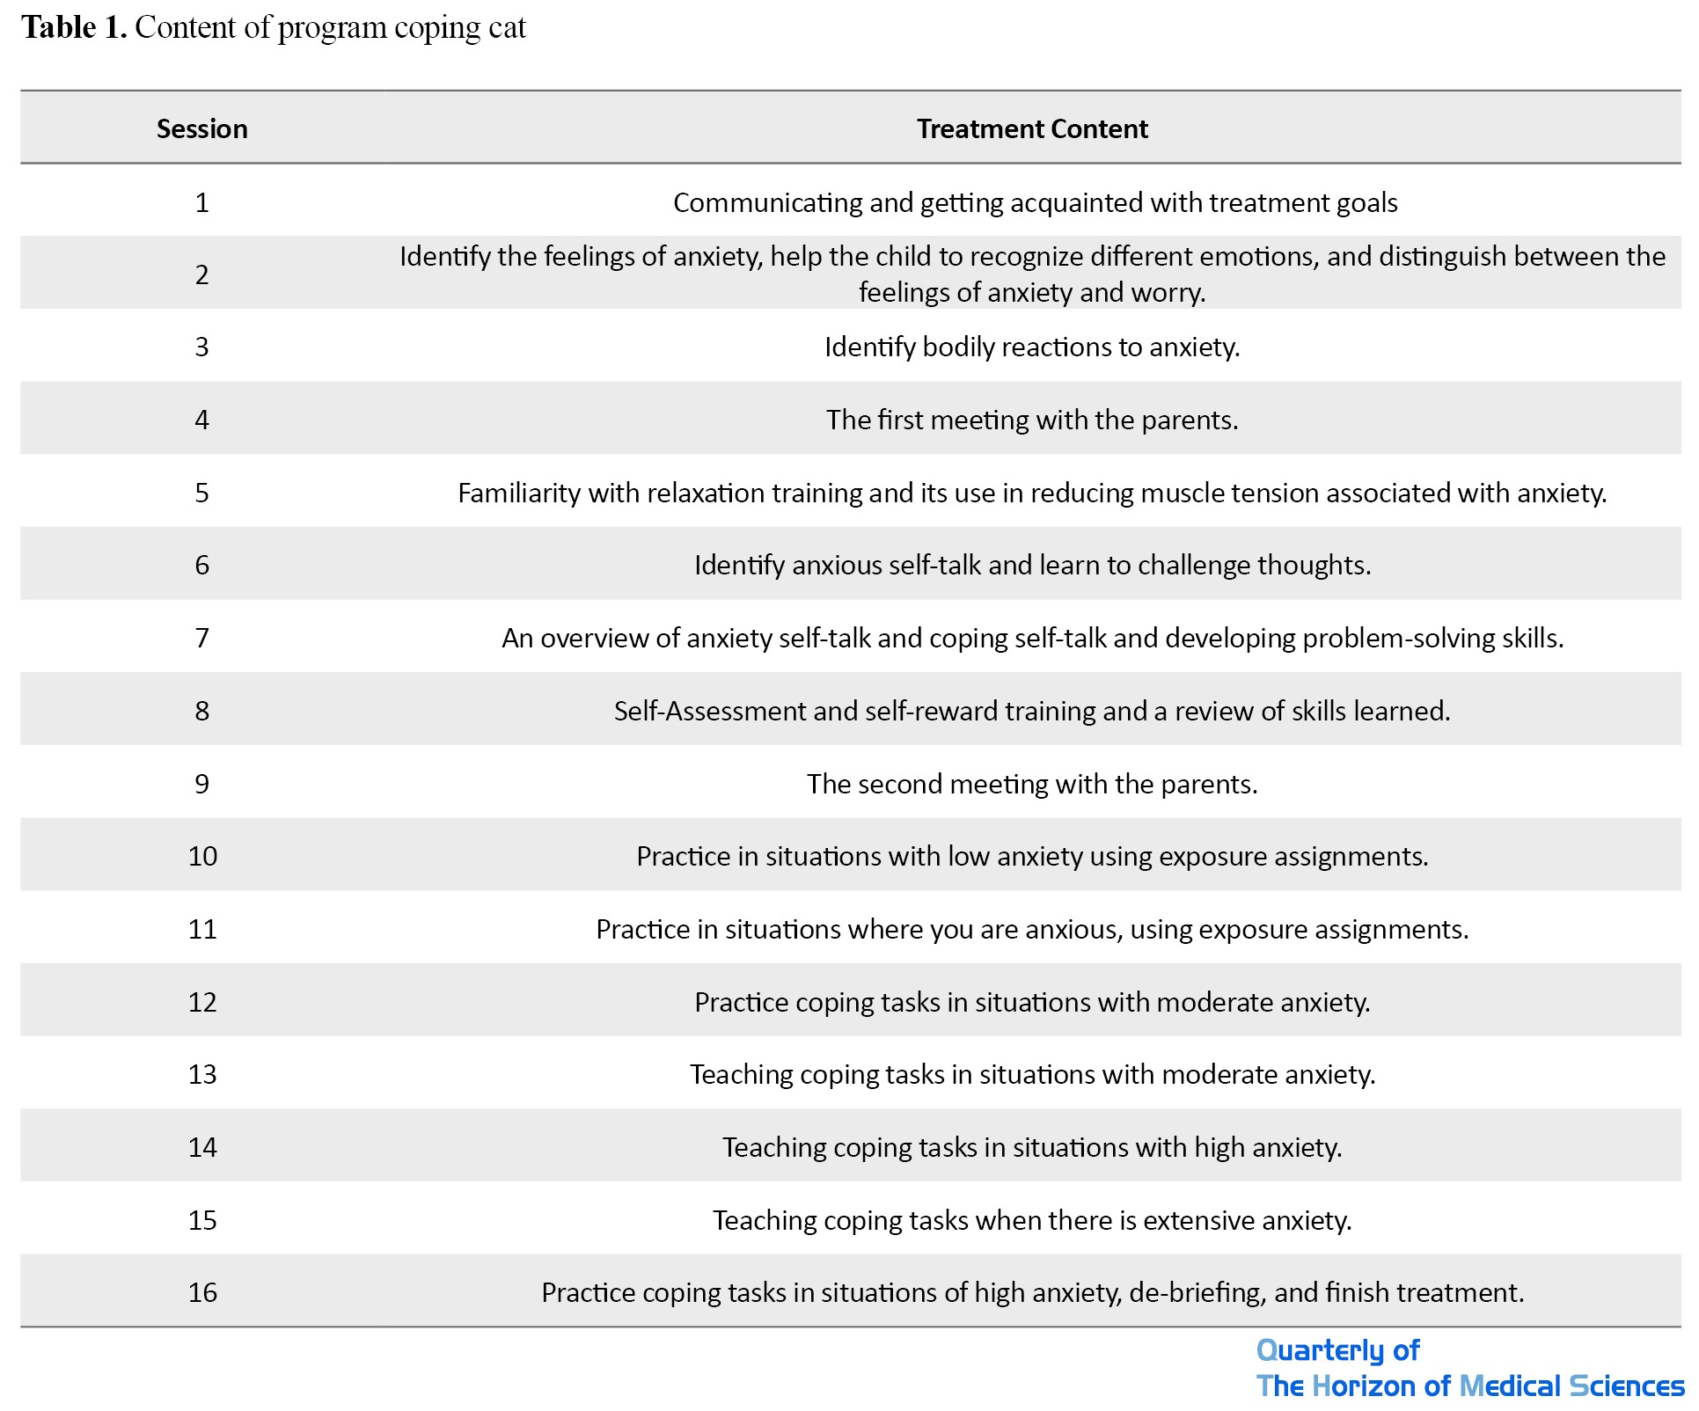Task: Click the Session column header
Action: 201,129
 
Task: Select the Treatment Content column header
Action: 1031,129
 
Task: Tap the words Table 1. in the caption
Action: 75,28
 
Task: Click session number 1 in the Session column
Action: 201,203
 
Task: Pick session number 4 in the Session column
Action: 201,420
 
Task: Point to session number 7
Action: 201,638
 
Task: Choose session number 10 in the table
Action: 201,856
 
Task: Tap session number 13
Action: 201,1074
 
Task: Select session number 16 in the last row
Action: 201,1292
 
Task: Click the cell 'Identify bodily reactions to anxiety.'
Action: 1031,347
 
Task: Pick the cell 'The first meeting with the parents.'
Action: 1031,420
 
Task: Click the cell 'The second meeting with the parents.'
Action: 1031,784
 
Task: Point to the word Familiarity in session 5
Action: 519,493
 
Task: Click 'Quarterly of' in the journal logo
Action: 1336,1350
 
